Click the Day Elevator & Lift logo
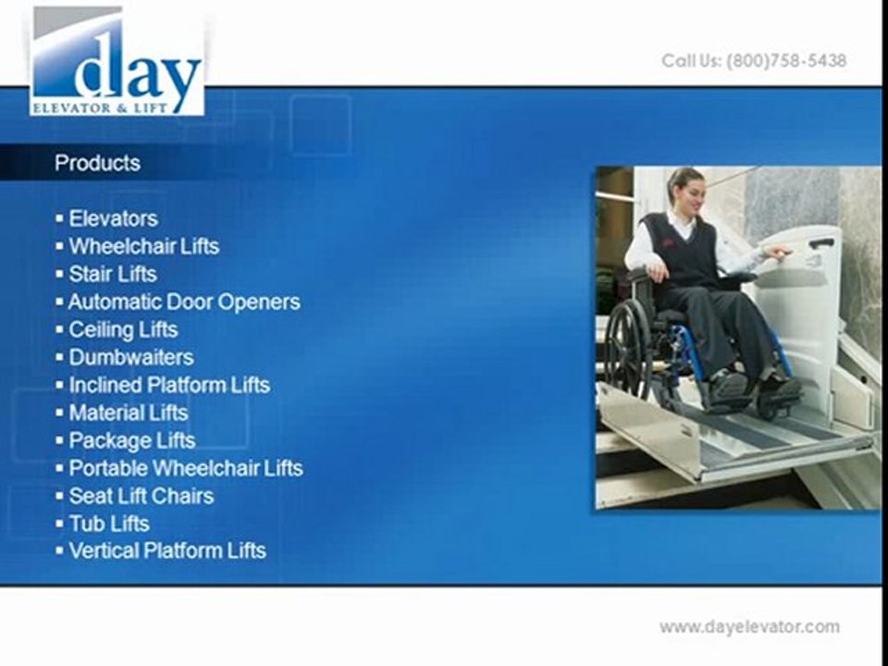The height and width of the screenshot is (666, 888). tap(117, 61)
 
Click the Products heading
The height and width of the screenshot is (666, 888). tap(97, 163)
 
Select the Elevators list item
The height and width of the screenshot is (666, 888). tap(113, 218)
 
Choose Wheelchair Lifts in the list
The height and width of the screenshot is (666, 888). tap(143, 246)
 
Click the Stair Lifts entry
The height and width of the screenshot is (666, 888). tap(113, 274)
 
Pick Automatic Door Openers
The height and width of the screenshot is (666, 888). tap(184, 302)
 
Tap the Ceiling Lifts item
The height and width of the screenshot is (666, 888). tap(123, 329)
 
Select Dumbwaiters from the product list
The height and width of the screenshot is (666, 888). tap(130, 357)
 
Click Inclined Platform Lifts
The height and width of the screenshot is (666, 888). tap(169, 385)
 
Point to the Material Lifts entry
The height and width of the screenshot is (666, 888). tap(128, 413)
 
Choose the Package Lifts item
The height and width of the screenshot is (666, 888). tap(131, 440)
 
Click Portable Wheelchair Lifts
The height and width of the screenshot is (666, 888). tap(185, 468)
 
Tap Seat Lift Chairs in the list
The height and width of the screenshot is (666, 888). tap(141, 496)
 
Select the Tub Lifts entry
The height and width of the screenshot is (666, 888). tap(108, 524)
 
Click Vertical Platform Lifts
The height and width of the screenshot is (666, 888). tap(166, 551)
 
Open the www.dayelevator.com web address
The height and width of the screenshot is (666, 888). tap(749, 627)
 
